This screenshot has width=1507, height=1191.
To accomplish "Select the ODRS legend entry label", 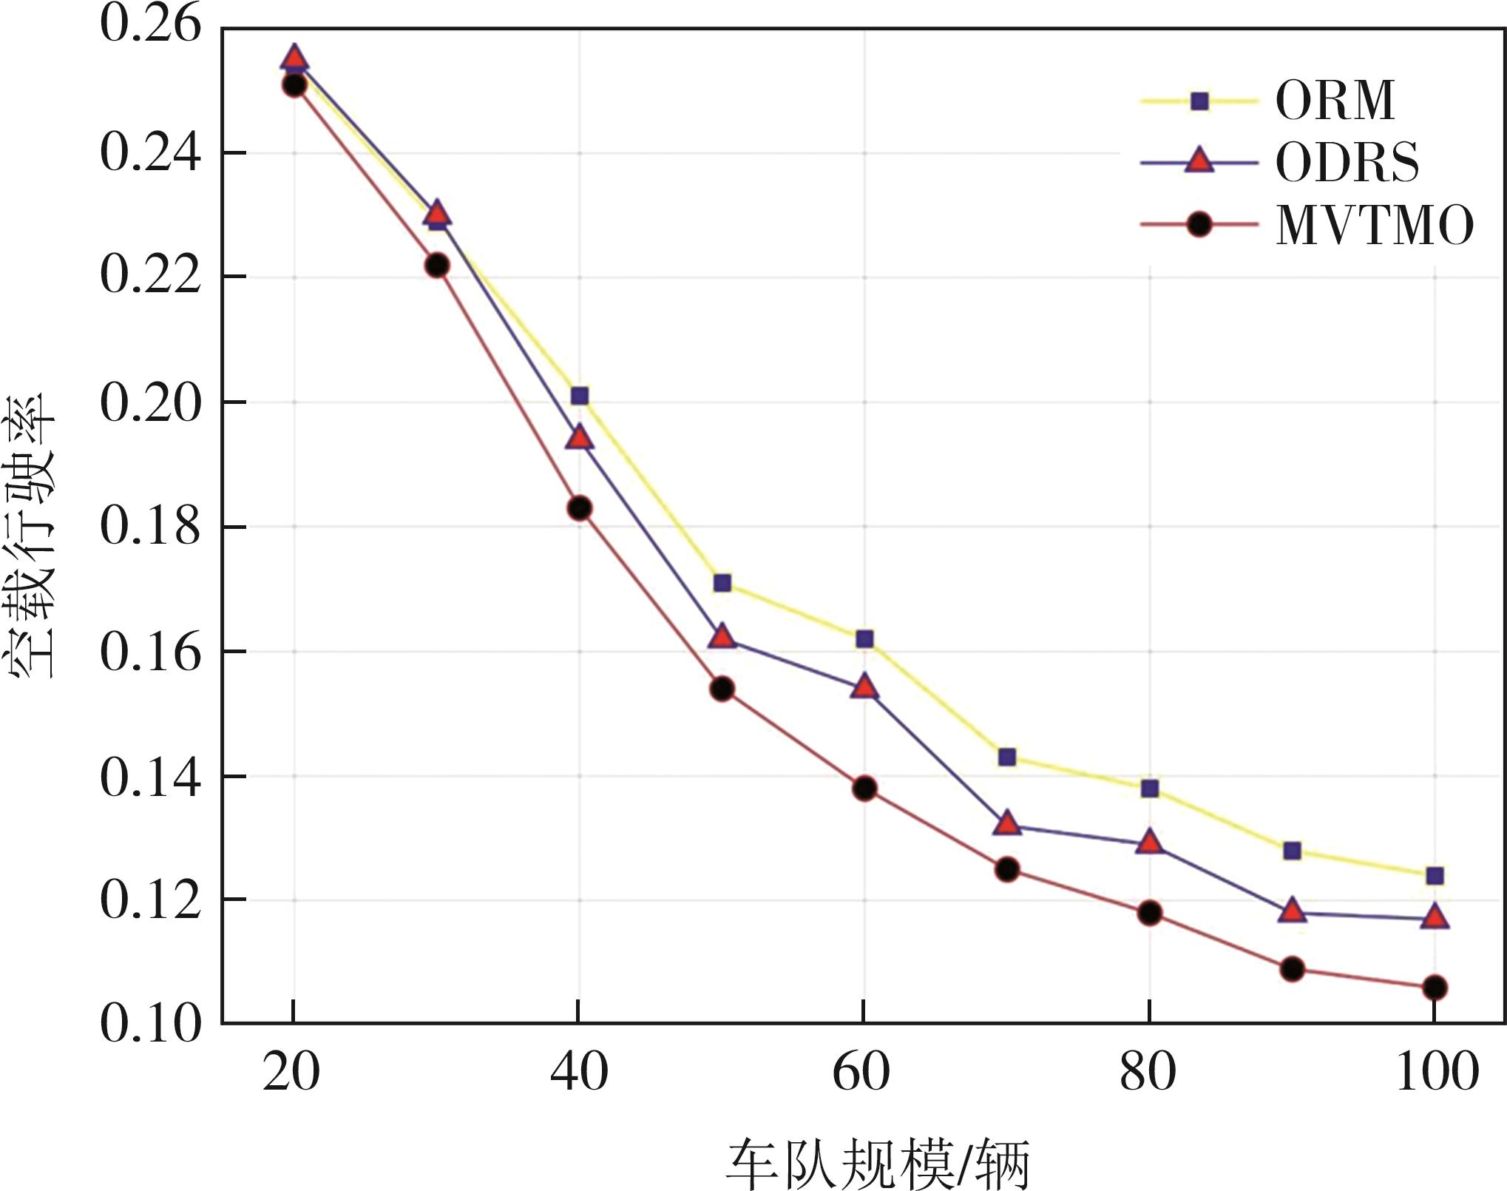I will point(1347,162).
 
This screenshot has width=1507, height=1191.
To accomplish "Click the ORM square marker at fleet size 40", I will point(580,396).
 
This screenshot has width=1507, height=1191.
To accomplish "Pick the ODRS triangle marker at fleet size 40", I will point(580,438).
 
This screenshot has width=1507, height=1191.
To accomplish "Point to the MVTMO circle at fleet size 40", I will point(580,508).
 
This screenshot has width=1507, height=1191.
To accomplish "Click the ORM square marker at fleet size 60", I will point(864,638).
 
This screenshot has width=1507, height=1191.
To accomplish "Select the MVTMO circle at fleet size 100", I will point(1435,988).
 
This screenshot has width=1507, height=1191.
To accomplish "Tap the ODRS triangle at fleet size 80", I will point(1149,842).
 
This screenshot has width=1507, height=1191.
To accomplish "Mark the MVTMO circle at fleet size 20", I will point(294,86).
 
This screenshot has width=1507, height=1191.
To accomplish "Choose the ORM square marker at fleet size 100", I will point(1435,876).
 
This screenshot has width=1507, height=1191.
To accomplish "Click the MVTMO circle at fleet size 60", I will point(864,789).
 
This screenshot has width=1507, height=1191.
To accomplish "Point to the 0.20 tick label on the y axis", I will point(150,403).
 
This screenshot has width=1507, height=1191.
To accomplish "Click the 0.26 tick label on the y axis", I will point(150,24).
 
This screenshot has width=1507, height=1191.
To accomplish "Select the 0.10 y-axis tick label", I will point(150,1025).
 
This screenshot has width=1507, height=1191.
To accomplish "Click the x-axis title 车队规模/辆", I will point(877,1164).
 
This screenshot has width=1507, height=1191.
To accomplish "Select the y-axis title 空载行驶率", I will point(31,536).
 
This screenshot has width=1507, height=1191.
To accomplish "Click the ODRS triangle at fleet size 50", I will point(722,636).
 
